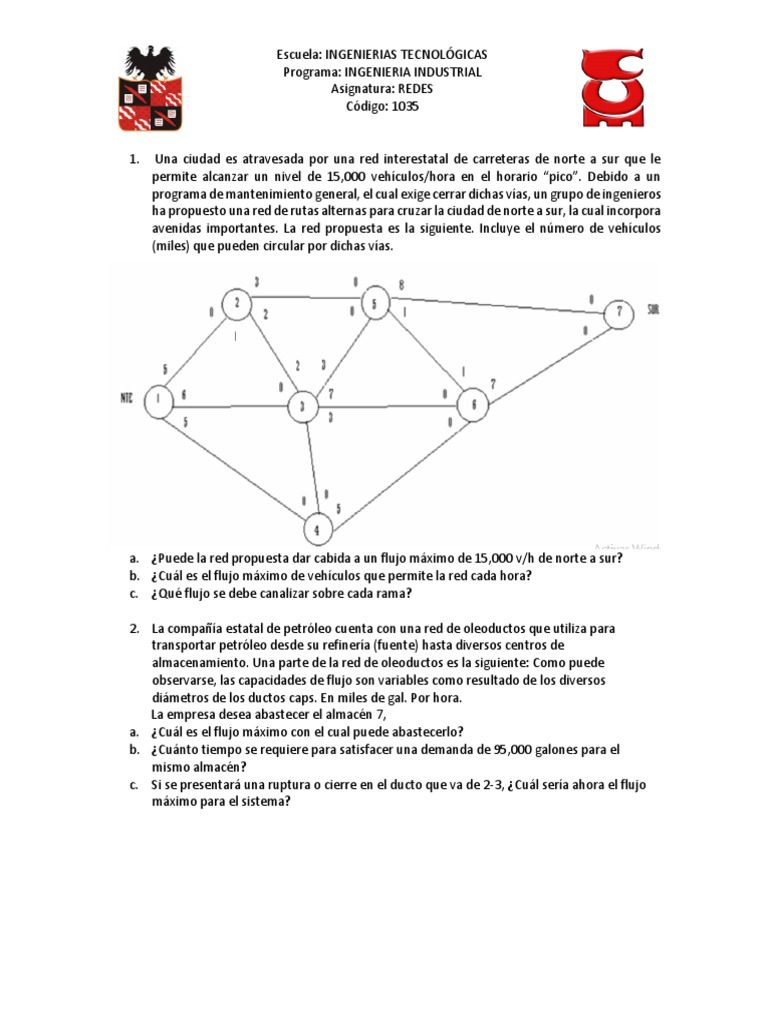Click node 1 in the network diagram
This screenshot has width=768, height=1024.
pyautogui.click(x=158, y=400)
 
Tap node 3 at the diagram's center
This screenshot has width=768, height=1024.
pyautogui.click(x=301, y=406)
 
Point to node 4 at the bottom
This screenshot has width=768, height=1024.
pyautogui.click(x=317, y=529)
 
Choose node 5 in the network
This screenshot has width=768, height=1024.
pyautogui.click(x=374, y=303)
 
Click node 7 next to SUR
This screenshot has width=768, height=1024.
pyautogui.click(x=620, y=311)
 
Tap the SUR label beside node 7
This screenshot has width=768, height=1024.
pyautogui.click(x=654, y=310)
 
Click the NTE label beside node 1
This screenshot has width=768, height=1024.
pyautogui.click(x=125, y=398)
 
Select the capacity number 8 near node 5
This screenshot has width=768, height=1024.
pyautogui.click(x=401, y=284)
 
